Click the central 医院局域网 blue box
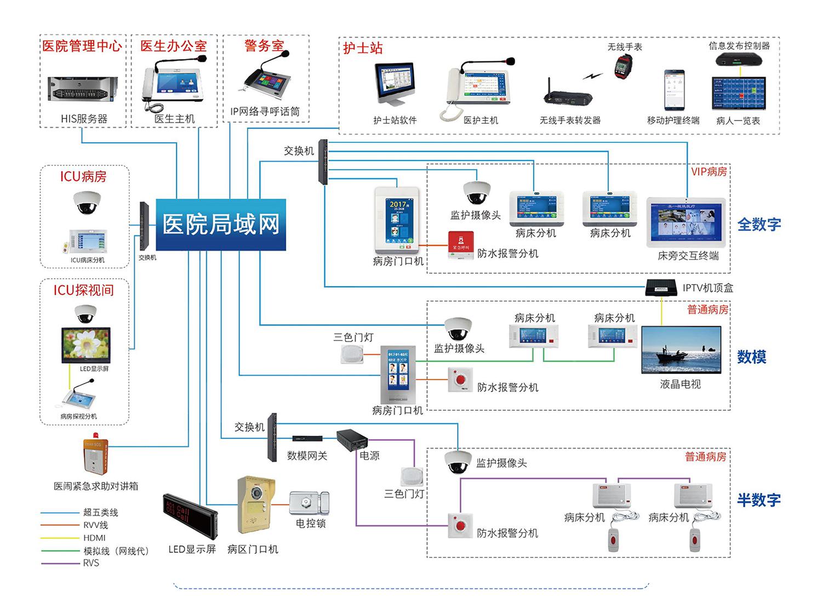coord(221,224)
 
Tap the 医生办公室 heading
coord(173,46)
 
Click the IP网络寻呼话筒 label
coord(265,112)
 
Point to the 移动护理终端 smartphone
coord(673,90)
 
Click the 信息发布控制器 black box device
coord(739,59)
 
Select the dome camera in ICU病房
coord(87,203)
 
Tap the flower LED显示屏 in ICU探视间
coord(86,345)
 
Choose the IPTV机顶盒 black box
coord(661,288)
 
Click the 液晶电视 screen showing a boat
coord(681,350)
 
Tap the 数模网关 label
coord(307,456)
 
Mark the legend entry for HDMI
coord(94,538)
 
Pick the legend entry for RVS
coord(91,563)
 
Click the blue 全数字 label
coord(759,224)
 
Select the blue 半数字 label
coord(758,500)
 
